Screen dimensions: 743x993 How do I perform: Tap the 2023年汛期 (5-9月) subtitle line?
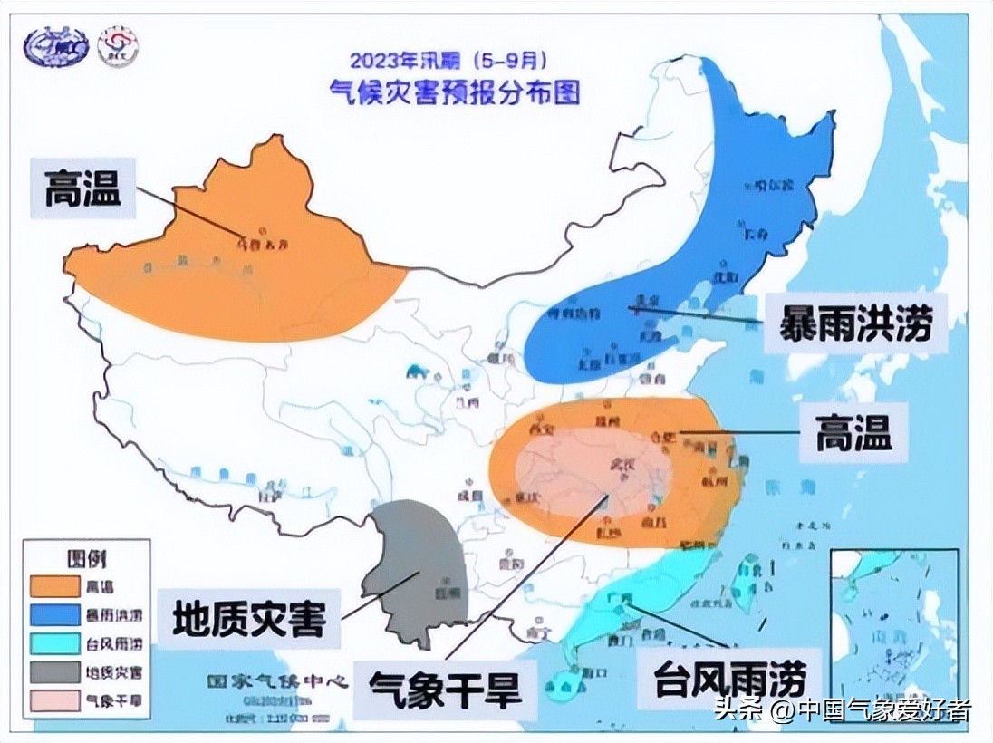(x=448, y=63)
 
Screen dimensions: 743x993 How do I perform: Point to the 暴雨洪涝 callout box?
(x=854, y=323)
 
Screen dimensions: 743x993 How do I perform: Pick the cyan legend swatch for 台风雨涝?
(x=54, y=644)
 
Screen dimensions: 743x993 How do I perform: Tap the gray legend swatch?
(x=54, y=672)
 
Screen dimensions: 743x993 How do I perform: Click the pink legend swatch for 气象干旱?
(x=54, y=700)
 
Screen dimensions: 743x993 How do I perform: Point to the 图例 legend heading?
(x=87, y=557)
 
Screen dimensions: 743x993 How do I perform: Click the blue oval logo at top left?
(x=55, y=47)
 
